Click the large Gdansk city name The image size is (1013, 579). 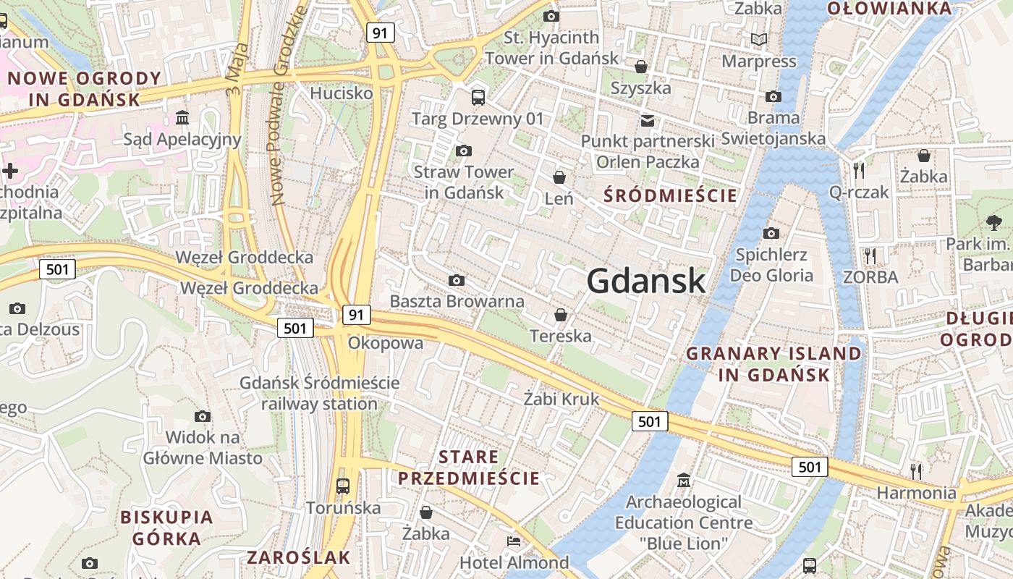(x=645, y=281)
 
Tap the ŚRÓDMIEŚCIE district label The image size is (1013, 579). (x=670, y=195)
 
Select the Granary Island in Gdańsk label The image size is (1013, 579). (x=773, y=364)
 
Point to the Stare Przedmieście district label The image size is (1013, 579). (x=469, y=468)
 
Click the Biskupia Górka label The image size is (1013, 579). (x=166, y=528)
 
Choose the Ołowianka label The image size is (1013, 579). (x=889, y=9)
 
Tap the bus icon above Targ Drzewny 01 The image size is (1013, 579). (x=478, y=97)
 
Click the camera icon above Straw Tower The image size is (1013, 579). (x=463, y=151)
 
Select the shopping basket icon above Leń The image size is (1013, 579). (x=559, y=177)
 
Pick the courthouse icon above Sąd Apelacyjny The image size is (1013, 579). (x=182, y=117)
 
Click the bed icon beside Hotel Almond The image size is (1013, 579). (x=514, y=541)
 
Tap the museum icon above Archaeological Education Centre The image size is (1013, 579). (x=683, y=480)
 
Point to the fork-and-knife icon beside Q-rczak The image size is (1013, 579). (x=859, y=171)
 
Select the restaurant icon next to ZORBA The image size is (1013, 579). (x=870, y=255)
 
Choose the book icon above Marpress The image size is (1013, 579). (x=758, y=39)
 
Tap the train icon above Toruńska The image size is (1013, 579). (x=343, y=486)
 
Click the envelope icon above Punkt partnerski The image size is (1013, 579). (x=647, y=119)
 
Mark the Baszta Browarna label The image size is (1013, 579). (x=457, y=301)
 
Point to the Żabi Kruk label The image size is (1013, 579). (x=561, y=399)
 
